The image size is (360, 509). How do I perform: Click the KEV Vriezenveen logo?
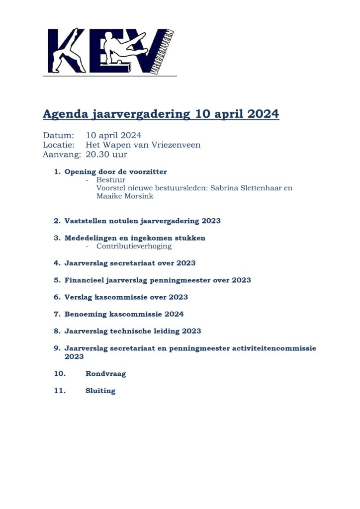point(110,51)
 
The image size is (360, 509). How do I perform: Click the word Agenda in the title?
point(65,114)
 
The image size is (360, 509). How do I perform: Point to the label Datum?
point(58,135)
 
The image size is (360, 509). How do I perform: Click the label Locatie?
point(59,145)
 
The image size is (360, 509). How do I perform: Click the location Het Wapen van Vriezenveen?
point(143,145)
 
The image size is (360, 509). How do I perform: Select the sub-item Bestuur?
point(111,180)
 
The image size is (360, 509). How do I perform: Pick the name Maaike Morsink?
point(125,196)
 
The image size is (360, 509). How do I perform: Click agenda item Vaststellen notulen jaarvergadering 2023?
point(142,221)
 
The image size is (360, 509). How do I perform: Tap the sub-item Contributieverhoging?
point(134,246)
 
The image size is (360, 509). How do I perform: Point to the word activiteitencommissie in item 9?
point(274,348)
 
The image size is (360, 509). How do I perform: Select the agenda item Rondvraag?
point(105,374)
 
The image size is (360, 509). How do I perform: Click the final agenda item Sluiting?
point(100,391)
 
